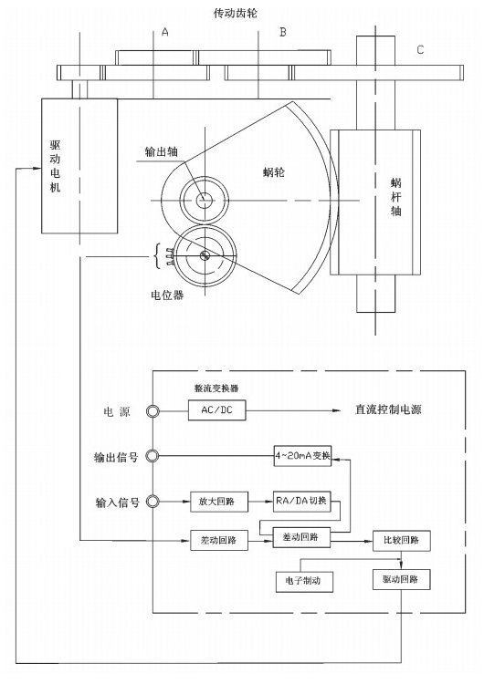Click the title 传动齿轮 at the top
pos(239,13)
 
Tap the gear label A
pos(164,32)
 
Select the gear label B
pos(282,32)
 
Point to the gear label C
pos(419,50)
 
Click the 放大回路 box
pos(213,500)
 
